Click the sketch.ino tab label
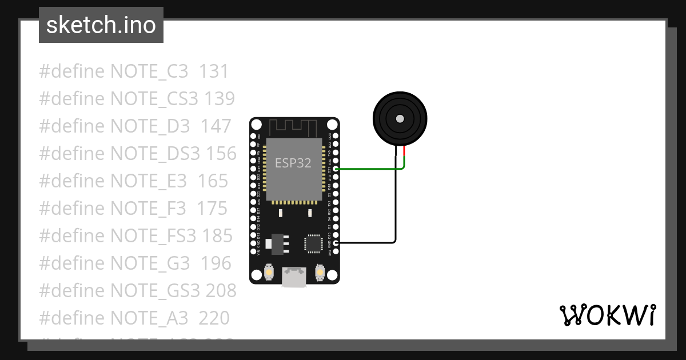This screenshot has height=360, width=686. pyautogui.click(x=101, y=25)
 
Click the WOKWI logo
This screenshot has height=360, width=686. pyautogui.click(x=607, y=315)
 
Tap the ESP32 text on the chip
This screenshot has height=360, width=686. pyautogui.click(x=293, y=163)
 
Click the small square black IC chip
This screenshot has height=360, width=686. pyautogui.click(x=314, y=243)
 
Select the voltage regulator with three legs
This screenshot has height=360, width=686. pyautogui.click(x=277, y=242)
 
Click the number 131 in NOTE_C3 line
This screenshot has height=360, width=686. pyautogui.click(x=214, y=71)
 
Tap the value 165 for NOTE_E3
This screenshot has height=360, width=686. pyautogui.click(x=213, y=181)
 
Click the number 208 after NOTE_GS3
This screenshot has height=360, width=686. pyautogui.click(x=221, y=290)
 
